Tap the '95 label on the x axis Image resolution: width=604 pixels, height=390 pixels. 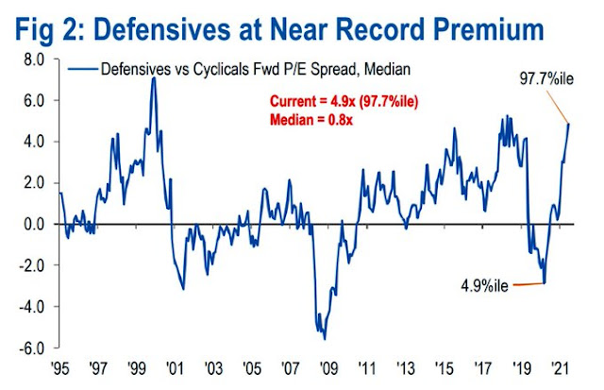[x=61, y=365]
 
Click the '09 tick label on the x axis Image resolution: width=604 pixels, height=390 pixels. [x=328, y=365]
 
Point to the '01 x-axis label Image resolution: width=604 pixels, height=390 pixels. [x=176, y=365]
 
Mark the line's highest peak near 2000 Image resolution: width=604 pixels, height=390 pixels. [x=153, y=78]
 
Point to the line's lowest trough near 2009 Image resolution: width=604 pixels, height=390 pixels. [x=325, y=337]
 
